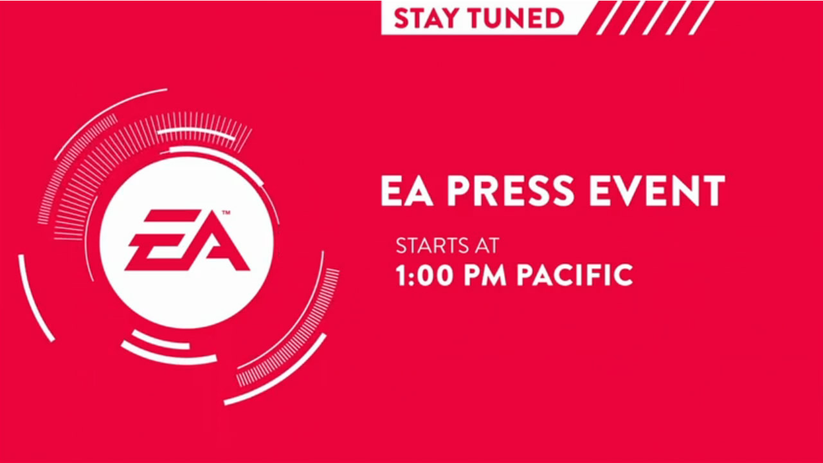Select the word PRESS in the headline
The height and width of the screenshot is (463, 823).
click(x=510, y=191)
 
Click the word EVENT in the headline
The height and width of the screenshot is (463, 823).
click(x=657, y=191)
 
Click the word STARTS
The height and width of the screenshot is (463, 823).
click(x=433, y=246)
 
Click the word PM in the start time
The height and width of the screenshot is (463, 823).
click(x=485, y=275)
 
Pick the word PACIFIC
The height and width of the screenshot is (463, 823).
click(x=575, y=275)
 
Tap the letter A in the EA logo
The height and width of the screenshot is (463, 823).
click(x=217, y=241)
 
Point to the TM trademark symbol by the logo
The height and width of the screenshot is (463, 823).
click(x=226, y=212)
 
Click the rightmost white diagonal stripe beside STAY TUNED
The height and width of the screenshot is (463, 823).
click(x=701, y=17)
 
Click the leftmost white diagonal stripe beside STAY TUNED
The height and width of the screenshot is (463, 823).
click(x=609, y=17)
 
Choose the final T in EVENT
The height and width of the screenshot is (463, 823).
click(x=712, y=191)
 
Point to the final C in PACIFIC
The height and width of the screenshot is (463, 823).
click(x=623, y=275)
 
